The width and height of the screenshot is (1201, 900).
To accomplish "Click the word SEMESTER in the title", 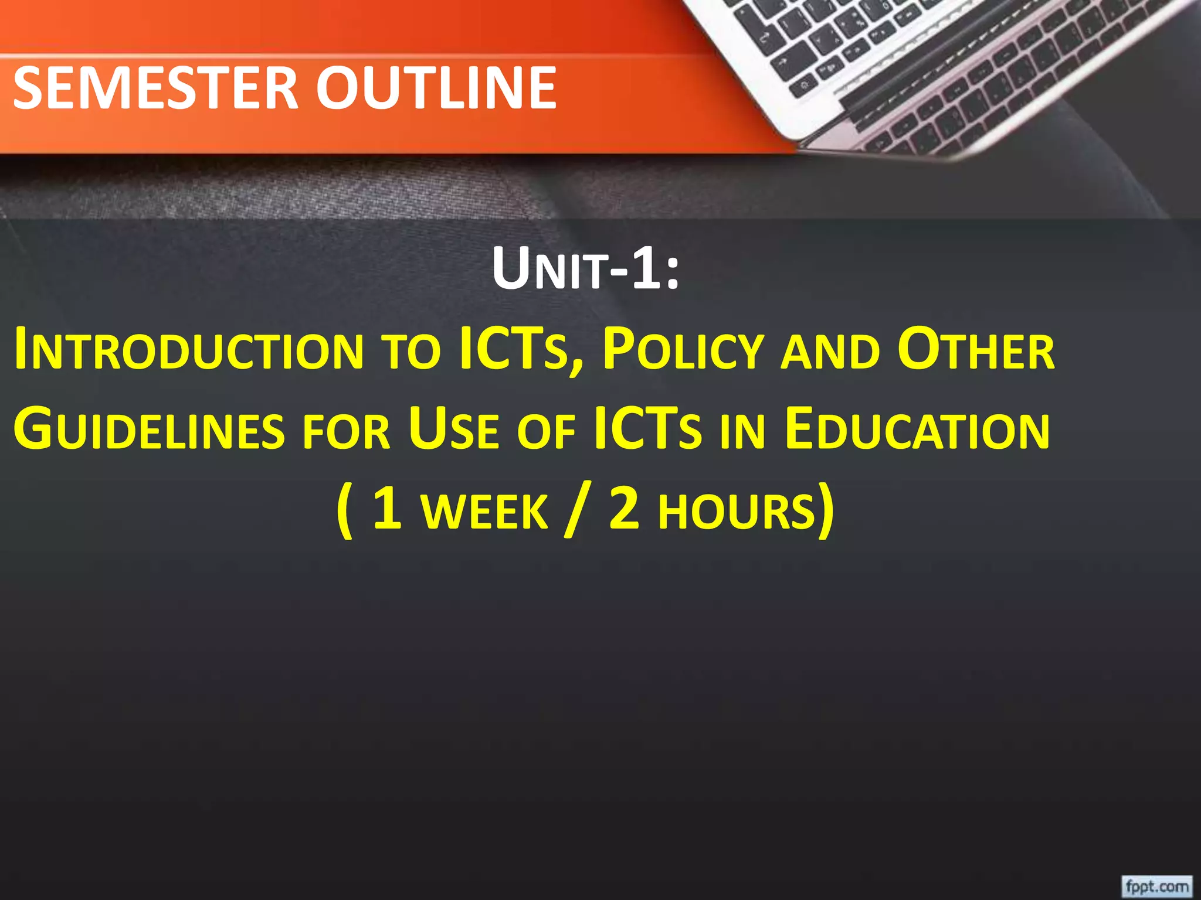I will pyautogui.click(x=156, y=88).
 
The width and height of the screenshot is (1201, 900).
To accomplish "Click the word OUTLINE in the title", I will pyautogui.click(x=436, y=88).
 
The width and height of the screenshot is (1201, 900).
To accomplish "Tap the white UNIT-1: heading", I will pyautogui.click(x=585, y=269).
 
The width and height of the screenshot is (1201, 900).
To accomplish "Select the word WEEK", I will pyautogui.click(x=484, y=511).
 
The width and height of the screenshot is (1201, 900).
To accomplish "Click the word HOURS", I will pyautogui.click(x=737, y=511).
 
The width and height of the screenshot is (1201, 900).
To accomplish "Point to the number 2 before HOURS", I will pyautogui.click(x=624, y=509).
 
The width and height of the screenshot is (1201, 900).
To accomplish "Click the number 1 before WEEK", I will pyautogui.click(x=387, y=509).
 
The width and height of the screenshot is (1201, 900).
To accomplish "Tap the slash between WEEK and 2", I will pyautogui.click(x=574, y=511).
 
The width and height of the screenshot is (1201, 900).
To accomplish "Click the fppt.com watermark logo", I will pyautogui.click(x=1156, y=885).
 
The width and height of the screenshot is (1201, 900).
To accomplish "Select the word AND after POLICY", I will pyautogui.click(x=830, y=352).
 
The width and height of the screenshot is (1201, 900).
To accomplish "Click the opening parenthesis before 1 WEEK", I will pyautogui.click(x=345, y=511).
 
